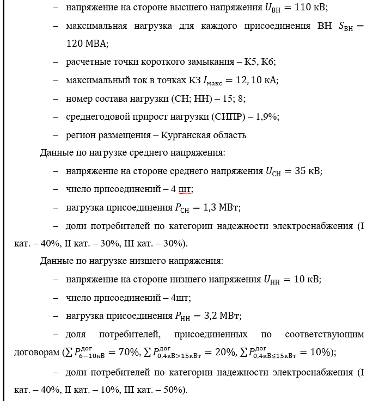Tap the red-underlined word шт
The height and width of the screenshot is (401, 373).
[185, 189]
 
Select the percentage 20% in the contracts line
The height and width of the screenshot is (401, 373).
[225, 353]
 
